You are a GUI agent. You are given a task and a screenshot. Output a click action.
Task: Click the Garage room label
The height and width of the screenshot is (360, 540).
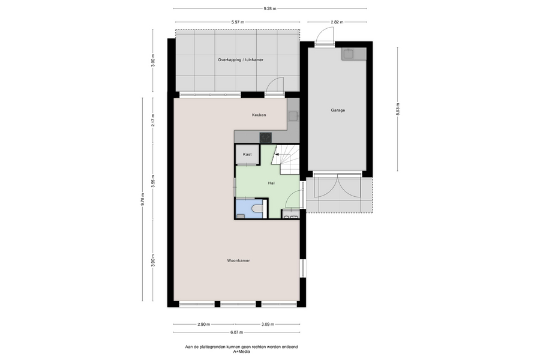coord(338,110)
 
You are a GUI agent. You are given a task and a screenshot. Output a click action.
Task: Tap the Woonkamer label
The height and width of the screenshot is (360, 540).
coord(238,260)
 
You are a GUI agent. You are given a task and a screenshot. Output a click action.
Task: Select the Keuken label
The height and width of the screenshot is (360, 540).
coord(259,115)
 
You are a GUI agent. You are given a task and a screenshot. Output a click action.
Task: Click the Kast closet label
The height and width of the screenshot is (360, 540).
coord(247,154)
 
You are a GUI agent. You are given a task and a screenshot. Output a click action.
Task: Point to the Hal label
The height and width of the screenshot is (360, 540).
coord(271,183)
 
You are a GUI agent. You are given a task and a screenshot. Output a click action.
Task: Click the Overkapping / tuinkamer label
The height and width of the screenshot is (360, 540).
coord(241,59)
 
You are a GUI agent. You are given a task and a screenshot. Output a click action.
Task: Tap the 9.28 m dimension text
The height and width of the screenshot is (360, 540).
coord(270,8)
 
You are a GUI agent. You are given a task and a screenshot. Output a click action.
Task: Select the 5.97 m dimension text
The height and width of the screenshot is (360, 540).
coord(238,22)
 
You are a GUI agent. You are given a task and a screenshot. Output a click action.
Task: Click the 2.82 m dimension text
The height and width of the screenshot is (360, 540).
coord(337,22)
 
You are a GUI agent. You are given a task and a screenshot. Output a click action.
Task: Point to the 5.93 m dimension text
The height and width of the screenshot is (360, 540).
coord(398,109)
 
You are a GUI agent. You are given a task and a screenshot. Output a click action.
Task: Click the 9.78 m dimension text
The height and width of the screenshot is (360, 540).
coord(143,199)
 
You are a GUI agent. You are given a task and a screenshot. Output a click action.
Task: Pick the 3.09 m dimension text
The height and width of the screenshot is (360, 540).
coord(268,324)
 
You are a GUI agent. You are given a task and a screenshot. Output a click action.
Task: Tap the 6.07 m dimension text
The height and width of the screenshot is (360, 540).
coord(236,332)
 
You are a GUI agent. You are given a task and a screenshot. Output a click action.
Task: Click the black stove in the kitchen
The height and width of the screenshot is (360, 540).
coord(266,137)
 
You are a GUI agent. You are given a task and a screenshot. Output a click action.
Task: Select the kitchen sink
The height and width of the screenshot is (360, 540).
coord(293,116)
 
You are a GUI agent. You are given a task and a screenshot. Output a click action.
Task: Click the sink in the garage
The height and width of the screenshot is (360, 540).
coord(348,54)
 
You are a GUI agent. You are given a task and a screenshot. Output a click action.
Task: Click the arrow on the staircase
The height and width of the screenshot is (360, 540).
coord(277,155)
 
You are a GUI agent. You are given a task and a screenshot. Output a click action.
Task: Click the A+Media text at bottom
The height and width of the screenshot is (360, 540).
coord(241,352)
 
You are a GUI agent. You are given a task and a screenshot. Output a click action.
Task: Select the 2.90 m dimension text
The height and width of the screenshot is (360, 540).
coord(204,324)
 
